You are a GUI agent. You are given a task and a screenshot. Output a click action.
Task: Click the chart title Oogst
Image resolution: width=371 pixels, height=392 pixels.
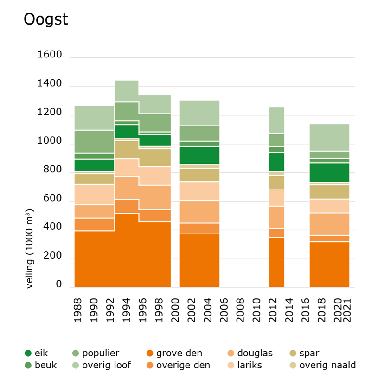click(45, 20)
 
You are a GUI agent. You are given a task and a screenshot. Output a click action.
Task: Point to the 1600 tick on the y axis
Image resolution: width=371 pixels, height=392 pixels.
click(50, 55)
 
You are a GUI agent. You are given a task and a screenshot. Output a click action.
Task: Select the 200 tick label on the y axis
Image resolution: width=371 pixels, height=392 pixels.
click(52, 256)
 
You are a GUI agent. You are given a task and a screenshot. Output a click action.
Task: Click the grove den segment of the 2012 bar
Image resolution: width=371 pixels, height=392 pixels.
click(276, 262)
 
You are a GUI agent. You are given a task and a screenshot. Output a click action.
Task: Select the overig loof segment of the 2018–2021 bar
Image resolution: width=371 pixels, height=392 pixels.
click(329, 138)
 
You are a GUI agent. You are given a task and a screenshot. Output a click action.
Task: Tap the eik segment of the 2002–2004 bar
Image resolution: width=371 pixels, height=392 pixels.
click(199, 155)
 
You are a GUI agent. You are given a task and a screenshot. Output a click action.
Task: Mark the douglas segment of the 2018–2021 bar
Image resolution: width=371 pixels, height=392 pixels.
click(329, 224)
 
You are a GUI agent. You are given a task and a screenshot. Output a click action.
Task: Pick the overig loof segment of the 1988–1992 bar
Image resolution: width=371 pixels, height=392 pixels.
click(94, 118)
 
